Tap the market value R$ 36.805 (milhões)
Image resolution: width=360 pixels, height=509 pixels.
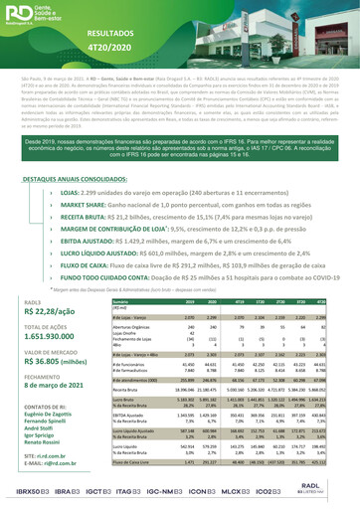[x=41, y=394]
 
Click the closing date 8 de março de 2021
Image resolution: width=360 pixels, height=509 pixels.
[x=41, y=421]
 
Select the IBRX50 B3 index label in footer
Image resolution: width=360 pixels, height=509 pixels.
[x=23, y=494]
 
